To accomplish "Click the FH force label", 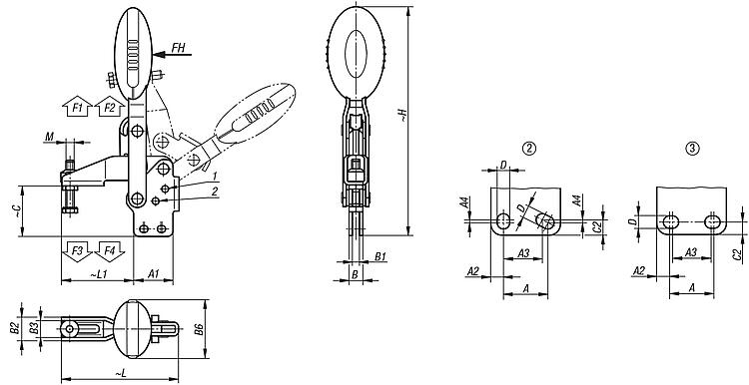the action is click(178, 47).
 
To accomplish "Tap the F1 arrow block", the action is click(77, 107).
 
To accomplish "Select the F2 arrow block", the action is click(110, 107).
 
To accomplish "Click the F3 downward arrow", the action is click(77, 251).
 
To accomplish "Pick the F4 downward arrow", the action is click(110, 251).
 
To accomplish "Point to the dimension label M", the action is click(49, 137).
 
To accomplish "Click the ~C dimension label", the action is click(16, 211).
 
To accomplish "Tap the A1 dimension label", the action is click(153, 274).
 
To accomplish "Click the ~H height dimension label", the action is click(402, 116).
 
